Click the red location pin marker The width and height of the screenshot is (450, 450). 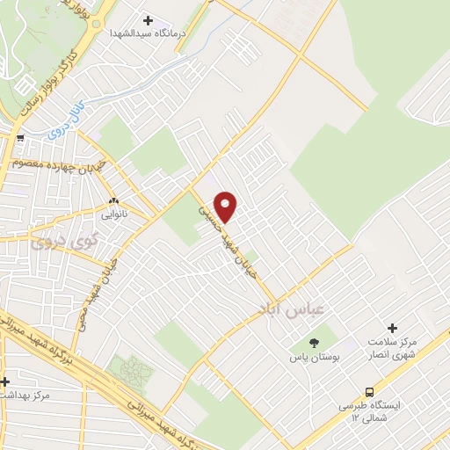pyautogui.click(x=226, y=206)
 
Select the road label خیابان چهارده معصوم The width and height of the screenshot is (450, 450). pyautogui.click(x=53, y=163)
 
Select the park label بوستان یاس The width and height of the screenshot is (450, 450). pyautogui.click(x=313, y=358)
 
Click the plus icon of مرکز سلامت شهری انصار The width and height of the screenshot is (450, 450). pyautogui.click(x=393, y=327)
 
